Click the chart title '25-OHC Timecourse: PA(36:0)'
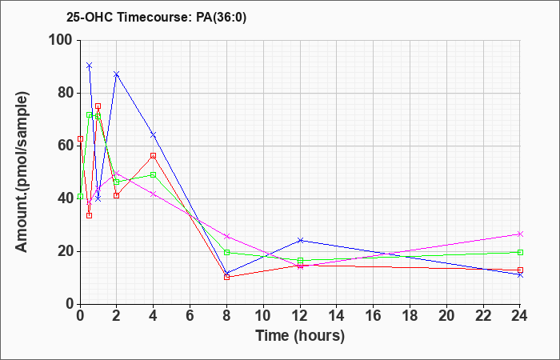[157, 18]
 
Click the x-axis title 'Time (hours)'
[300, 336]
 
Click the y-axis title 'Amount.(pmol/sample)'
[22, 172]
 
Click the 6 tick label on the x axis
[190, 316]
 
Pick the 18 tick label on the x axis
[410, 316]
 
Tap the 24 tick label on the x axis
[520, 316]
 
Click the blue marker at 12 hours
[300, 240]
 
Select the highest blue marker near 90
[90, 66]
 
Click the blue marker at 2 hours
[117, 74]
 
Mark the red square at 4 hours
[154, 156]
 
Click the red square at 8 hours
[226, 277]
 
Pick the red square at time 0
[80, 138]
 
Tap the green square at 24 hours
[520, 253]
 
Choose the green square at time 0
[80, 197]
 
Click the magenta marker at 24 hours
[520, 234]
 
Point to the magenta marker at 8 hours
[226, 237]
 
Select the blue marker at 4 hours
[154, 134]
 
